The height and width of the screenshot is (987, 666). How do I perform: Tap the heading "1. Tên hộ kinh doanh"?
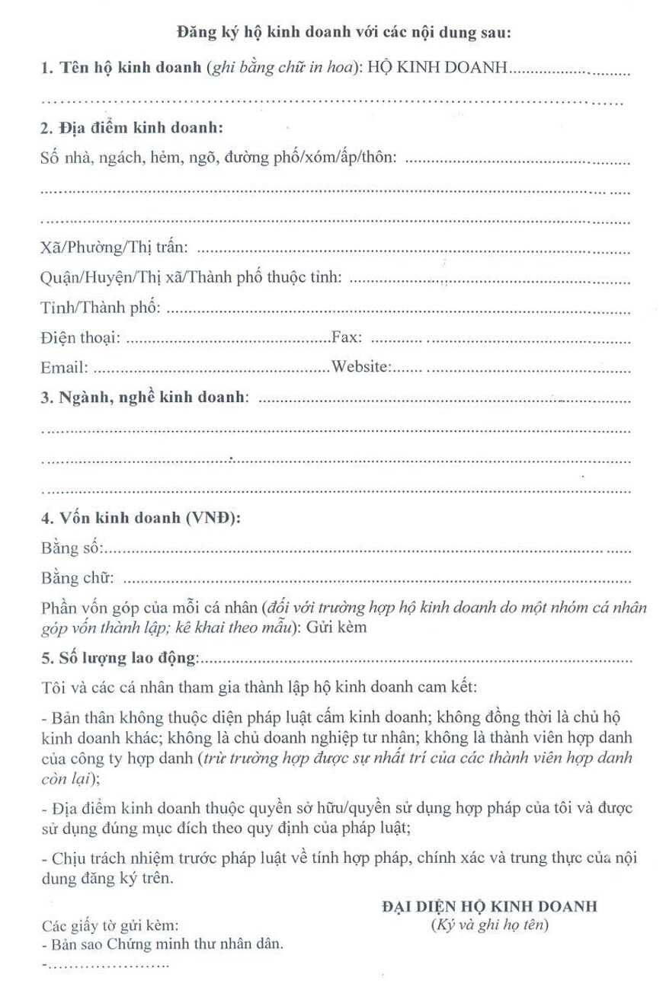pyautogui.click(x=121, y=69)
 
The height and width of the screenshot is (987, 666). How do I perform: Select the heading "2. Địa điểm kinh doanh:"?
pyautogui.click(x=130, y=127)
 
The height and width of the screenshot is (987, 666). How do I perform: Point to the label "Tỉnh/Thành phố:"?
pyautogui.click(x=99, y=308)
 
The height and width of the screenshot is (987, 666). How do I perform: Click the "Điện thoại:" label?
pyautogui.click(x=78, y=338)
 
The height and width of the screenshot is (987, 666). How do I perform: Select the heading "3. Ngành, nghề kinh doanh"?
pyautogui.click(x=143, y=398)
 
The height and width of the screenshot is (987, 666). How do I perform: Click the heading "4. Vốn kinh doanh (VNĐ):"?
pyautogui.click(x=140, y=519)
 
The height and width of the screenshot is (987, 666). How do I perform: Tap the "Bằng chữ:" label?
pyautogui.click(x=77, y=579)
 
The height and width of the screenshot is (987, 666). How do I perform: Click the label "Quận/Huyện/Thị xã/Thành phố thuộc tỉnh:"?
pyautogui.click(x=191, y=279)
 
